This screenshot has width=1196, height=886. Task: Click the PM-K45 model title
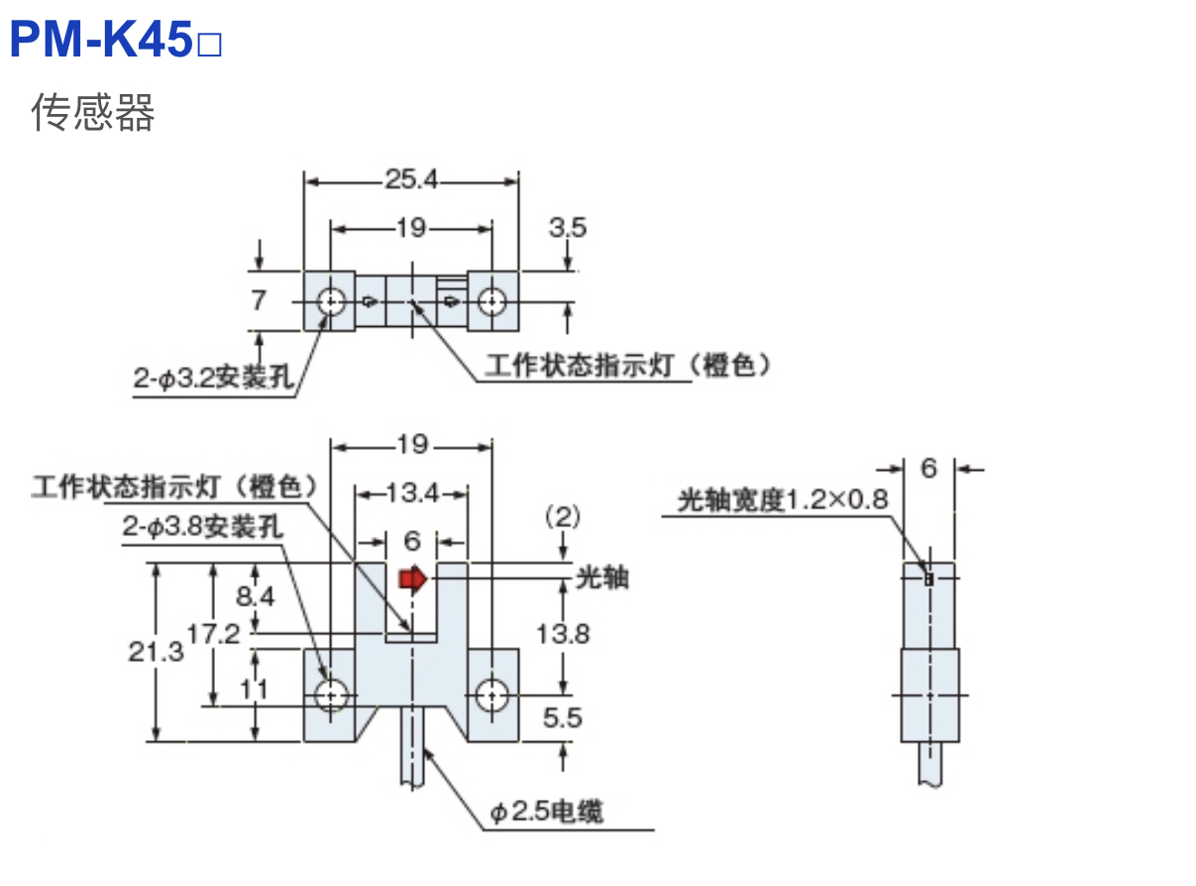pyautogui.click(x=115, y=41)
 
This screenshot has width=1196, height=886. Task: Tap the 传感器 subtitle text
pyautogui.click(x=93, y=113)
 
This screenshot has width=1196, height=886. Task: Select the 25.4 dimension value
pyautogui.click(x=411, y=180)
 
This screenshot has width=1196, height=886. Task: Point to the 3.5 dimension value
pyautogui.click(x=568, y=227)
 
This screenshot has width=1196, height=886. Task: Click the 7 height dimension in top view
pyautogui.click(x=259, y=299)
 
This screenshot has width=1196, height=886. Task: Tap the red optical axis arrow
pyautogui.click(x=410, y=578)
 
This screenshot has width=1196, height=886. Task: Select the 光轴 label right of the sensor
pyautogui.click(x=601, y=577)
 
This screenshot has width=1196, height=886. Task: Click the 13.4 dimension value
pyautogui.click(x=411, y=491)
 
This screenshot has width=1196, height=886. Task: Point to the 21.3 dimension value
pyautogui.click(x=156, y=651)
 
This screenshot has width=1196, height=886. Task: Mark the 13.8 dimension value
pyautogui.click(x=564, y=632)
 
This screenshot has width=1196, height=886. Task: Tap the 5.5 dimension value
pyautogui.click(x=563, y=719)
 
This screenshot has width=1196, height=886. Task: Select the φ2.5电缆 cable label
pyautogui.click(x=545, y=813)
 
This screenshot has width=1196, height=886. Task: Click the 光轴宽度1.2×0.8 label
pyautogui.click(x=783, y=499)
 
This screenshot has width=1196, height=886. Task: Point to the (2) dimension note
pyautogui.click(x=562, y=516)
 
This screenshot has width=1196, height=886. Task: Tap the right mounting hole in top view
pyautogui.click(x=490, y=300)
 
